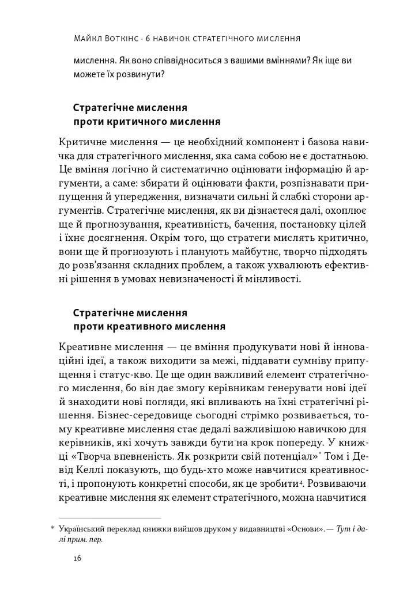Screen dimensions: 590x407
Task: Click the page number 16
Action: [x=79, y=558]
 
